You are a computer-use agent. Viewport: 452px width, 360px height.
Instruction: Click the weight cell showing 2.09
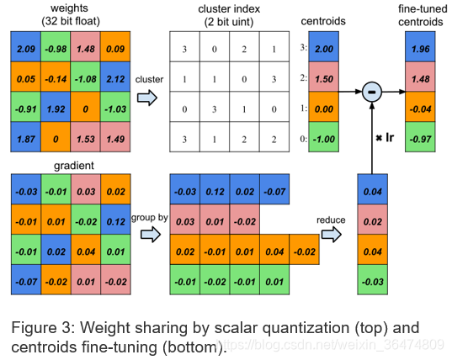[25, 46]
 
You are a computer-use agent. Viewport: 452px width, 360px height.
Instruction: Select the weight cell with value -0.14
[56, 77]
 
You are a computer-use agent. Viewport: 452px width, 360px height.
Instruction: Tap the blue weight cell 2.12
[115, 77]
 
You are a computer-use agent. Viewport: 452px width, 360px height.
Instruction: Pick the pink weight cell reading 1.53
[86, 137]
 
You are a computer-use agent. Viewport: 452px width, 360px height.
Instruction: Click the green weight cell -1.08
[86, 77]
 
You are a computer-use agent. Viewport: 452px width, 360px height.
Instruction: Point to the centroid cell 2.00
[324, 46]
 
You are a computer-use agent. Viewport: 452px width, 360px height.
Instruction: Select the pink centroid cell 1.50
[324, 77]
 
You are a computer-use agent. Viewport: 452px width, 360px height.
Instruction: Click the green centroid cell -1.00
[324, 137]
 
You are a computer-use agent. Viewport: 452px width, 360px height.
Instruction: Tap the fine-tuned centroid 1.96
[420, 46]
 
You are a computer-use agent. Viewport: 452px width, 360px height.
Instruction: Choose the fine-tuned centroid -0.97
[420, 137]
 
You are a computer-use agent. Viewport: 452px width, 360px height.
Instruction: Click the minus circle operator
[372, 92]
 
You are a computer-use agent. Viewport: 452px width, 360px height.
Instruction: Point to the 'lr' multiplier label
[390, 138]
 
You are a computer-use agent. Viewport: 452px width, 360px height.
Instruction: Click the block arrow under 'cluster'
[147, 98]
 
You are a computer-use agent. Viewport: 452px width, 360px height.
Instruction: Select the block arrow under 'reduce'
[332, 234]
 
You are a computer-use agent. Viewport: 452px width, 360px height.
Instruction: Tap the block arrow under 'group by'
[151, 234]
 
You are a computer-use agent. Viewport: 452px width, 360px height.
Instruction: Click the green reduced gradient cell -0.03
[372, 279]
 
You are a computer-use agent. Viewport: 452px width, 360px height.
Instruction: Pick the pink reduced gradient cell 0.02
[372, 220]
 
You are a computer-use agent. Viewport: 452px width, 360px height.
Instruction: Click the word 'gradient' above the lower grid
[74, 166]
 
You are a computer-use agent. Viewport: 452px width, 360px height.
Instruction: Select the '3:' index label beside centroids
[303, 47]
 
